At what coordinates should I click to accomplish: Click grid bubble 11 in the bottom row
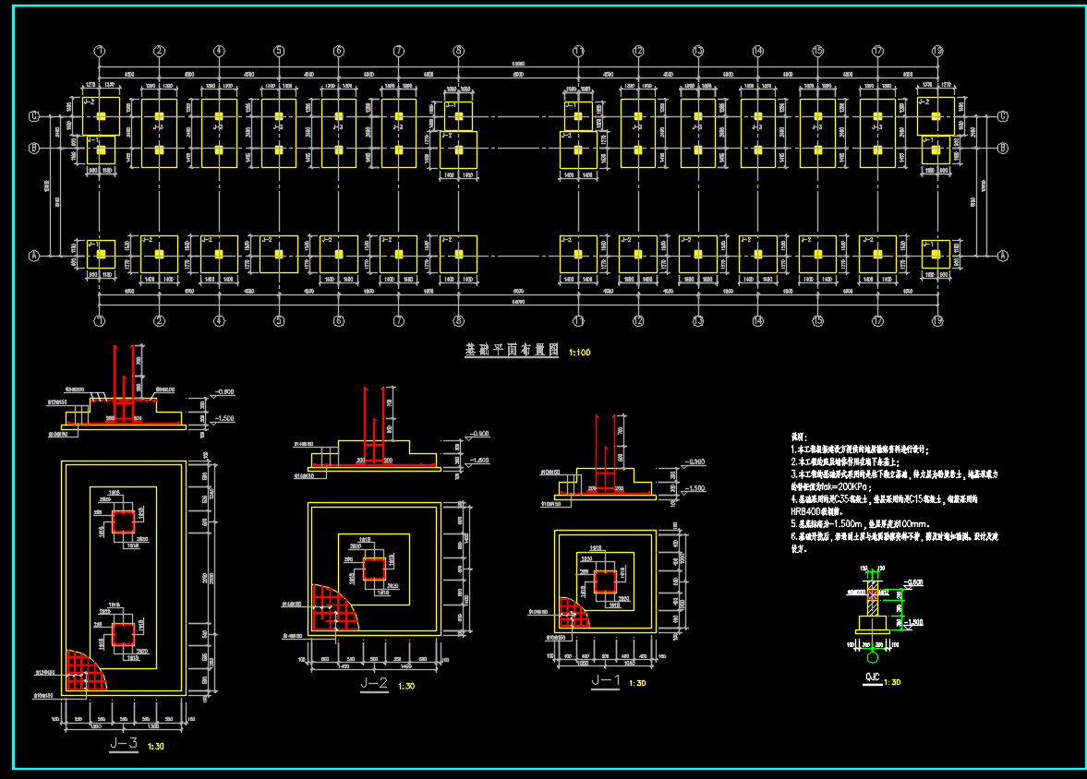pyautogui.click(x=578, y=321)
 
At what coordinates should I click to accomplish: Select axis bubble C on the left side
pyautogui.click(x=34, y=117)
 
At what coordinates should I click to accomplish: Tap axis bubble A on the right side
pyautogui.click(x=1004, y=256)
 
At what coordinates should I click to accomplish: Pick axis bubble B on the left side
pyautogui.click(x=34, y=148)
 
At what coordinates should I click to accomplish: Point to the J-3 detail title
pyautogui.click(x=124, y=744)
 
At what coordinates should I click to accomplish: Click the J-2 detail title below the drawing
pyautogui.click(x=373, y=685)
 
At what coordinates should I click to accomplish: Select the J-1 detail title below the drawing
pyautogui.click(x=605, y=681)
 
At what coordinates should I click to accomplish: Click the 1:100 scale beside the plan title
pyautogui.click(x=581, y=353)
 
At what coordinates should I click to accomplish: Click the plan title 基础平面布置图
pyautogui.click(x=512, y=352)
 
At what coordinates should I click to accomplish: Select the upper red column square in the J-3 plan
pyautogui.click(x=123, y=522)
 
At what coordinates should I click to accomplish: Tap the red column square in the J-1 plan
pyautogui.click(x=605, y=581)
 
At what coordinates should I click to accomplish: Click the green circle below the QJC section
pyautogui.click(x=874, y=658)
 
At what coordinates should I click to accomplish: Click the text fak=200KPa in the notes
pyautogui.click(x=834, y=485)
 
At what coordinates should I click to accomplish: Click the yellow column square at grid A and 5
pyautogui.click(x=279, y=255)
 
